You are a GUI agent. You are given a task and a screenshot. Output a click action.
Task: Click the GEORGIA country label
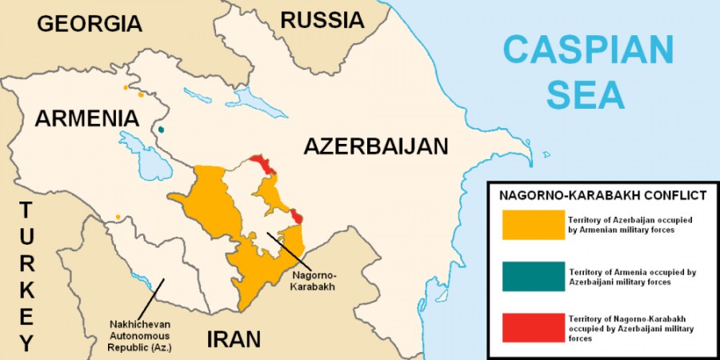pos(89,23)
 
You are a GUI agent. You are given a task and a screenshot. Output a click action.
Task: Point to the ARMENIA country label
pos(86,118)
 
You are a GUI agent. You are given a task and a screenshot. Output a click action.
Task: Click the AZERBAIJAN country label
pos(375,146)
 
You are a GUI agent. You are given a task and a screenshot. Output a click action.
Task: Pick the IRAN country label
pos(234,338)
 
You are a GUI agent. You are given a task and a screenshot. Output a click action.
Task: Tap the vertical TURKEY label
pos(26,277)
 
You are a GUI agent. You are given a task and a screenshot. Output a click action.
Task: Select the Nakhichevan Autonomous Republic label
pos(141,336)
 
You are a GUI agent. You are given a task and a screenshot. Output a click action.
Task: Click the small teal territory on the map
pos(162,129)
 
